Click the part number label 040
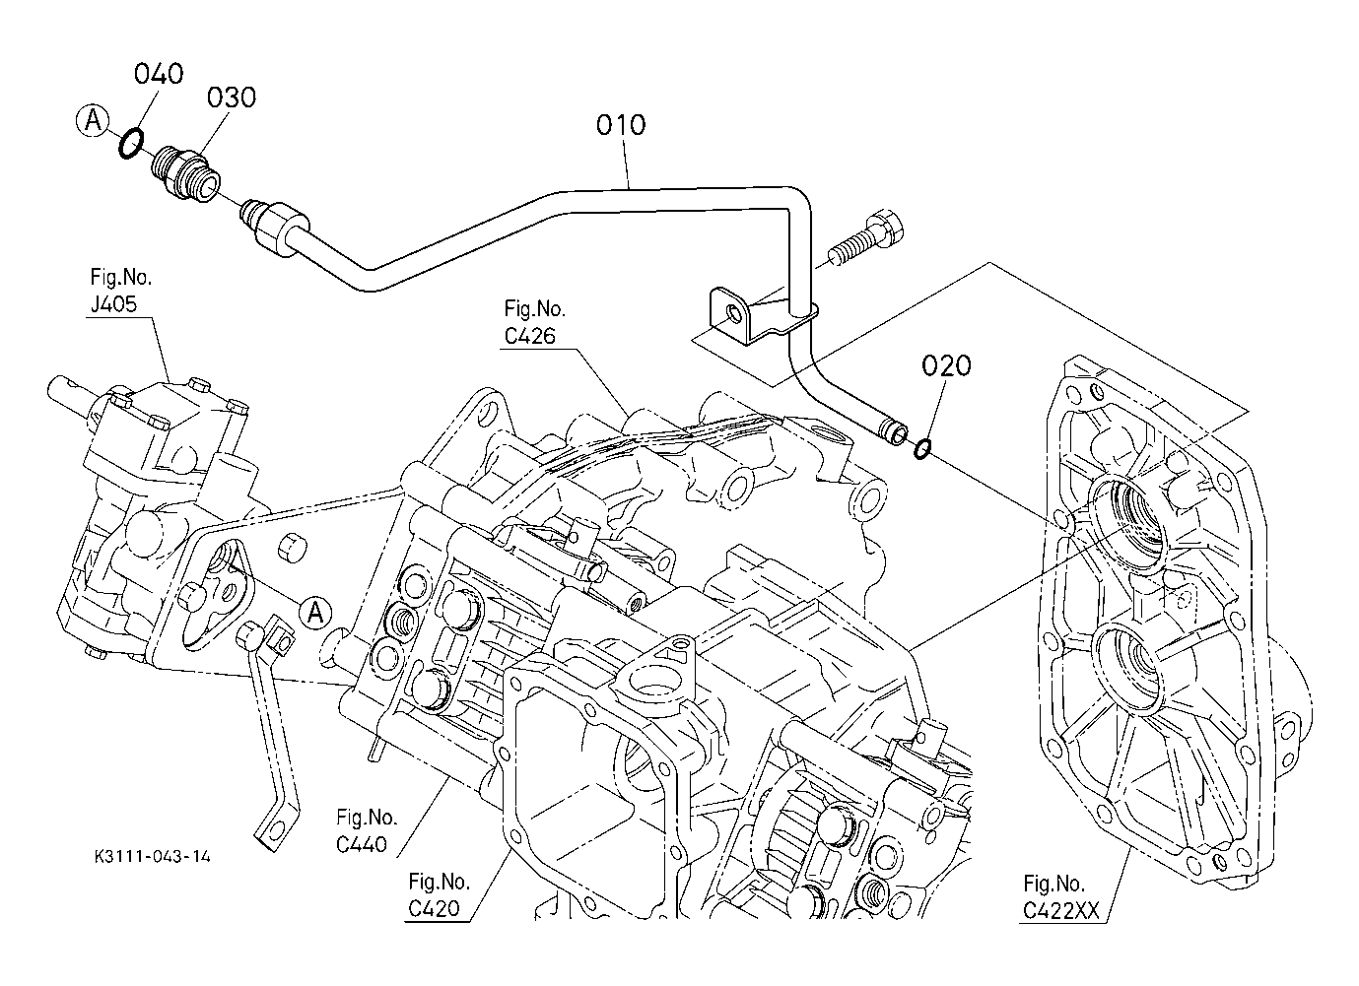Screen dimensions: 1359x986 coord(159,74)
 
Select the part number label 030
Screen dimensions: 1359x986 coord(232,98)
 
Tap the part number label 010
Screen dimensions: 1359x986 coord(621,125)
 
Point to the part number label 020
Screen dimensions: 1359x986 coord(946,365)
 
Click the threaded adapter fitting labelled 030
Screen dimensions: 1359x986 coord(185,172)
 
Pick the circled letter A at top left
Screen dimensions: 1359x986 coord(93,121)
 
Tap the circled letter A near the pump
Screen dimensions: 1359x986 coord(315,613)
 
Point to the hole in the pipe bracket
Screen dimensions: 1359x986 coord(733,313)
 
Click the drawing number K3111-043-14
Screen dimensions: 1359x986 coord(153,856)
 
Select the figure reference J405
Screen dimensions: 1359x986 coord(113,303)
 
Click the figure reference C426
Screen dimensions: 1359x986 coord(529,336)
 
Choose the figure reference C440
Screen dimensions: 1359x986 coord(362,845)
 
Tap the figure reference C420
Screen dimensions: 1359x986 coord(434,909)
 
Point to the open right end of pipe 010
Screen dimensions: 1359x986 coord(899,434)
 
